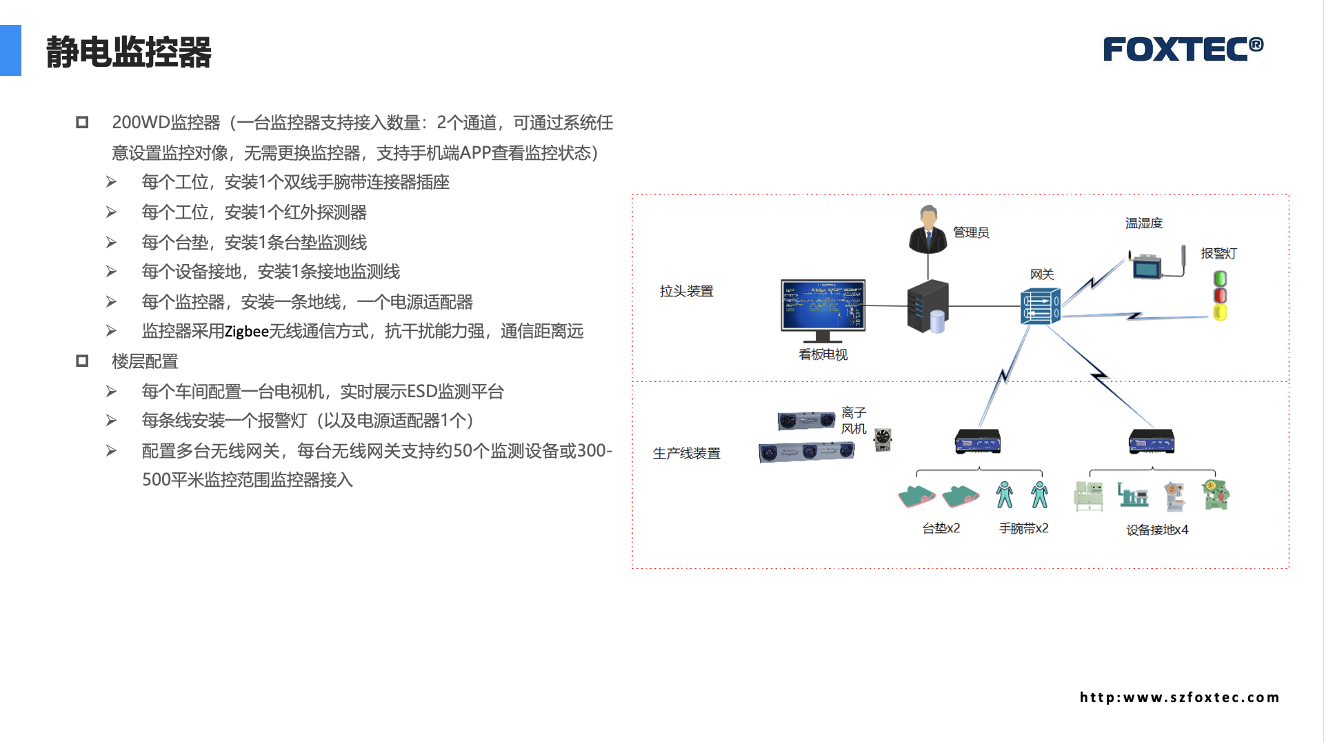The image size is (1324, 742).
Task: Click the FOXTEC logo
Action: (1183, 49)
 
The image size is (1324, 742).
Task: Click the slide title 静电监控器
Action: (128, 52)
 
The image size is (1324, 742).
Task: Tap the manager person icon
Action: (927, 230)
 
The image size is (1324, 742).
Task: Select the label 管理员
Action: (971, 233)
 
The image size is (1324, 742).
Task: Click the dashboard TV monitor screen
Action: (823, 305)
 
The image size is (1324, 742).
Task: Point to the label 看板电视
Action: (823, 354)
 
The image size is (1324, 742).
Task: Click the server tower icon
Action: (927, 306)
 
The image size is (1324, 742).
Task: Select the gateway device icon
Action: (1040, 307)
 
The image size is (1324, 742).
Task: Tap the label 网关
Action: (1042, 274)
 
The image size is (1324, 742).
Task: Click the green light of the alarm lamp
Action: (1220, 279)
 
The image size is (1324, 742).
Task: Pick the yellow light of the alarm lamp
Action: (1220, 313)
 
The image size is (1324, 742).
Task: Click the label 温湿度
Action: (1144, 223)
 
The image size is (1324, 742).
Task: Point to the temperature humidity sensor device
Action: (1147, 265)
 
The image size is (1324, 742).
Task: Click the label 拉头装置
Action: (686, 292)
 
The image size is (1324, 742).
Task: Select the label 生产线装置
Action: (686, 454)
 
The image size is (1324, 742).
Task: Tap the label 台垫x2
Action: (941, 529)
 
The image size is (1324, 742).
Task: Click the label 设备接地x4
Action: (1157, 530)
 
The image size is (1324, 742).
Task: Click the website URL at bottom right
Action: (1179, 698)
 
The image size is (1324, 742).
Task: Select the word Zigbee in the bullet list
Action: (246, 332)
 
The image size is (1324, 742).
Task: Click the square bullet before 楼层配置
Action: (82, 361)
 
